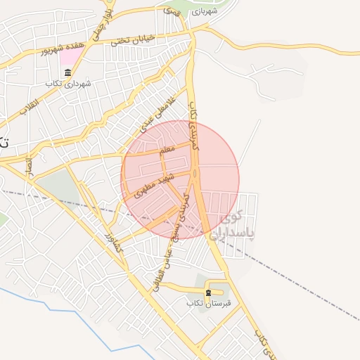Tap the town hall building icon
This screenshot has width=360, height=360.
67,74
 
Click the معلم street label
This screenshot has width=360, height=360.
167,150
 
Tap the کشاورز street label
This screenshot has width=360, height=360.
113,243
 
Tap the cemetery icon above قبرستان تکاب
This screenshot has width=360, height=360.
207,292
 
